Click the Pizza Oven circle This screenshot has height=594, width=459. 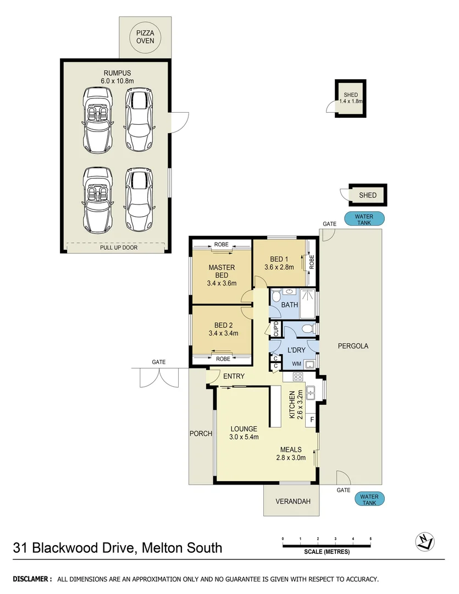146,37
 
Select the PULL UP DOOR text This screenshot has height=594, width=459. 119,248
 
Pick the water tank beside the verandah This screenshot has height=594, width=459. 369,499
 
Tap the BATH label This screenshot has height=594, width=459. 289,305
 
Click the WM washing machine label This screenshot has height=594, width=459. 296,364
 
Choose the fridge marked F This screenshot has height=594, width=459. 312,420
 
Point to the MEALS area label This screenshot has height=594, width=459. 290,449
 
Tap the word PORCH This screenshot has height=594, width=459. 201,433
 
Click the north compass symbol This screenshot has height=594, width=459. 424,541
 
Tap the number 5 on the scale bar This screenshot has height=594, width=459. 370,538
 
